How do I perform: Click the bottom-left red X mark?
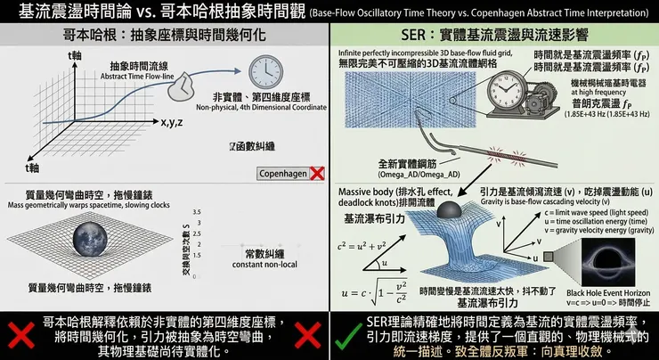coord(20,334)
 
